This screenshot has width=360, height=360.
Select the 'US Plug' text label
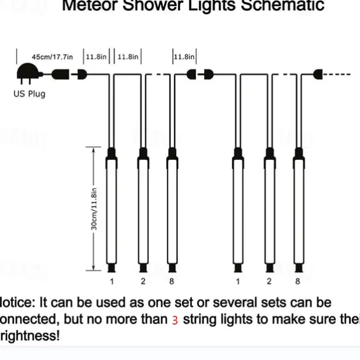(29, 94)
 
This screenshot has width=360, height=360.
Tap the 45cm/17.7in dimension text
(52, 57)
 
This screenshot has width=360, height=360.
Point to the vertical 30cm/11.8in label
(94, 210)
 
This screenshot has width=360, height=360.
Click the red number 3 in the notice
(175, 320)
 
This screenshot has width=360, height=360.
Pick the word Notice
(17, 303)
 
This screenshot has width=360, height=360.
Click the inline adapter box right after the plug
(59, 75)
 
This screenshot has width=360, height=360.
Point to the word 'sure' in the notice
(313, 320)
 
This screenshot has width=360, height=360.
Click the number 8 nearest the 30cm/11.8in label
(171, 282)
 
